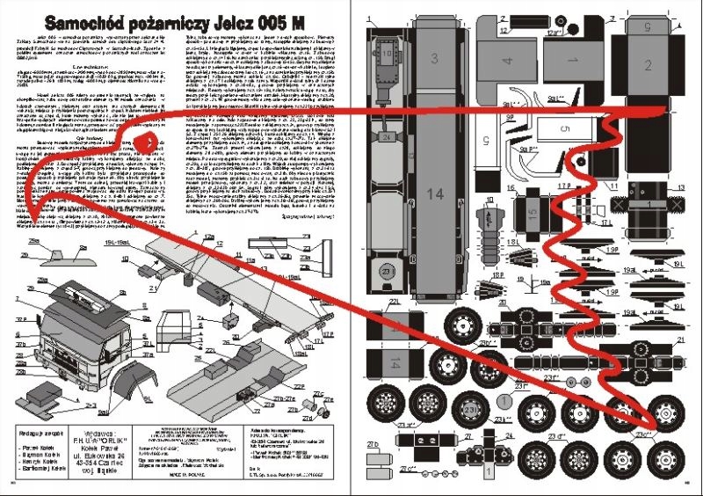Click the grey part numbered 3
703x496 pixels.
click(434, 59)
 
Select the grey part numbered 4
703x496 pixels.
click(508, 63)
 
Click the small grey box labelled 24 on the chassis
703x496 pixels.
click(388, 136)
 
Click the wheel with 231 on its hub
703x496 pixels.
click(469, 409)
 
